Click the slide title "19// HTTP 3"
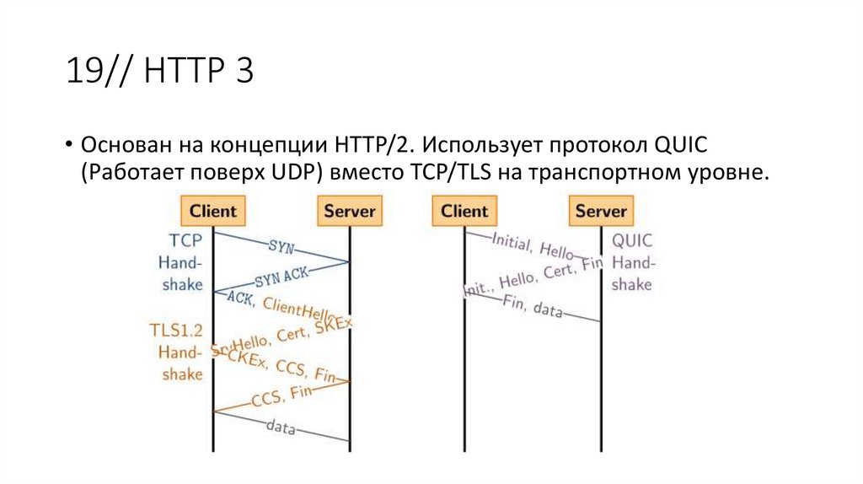click(x=160, y=73)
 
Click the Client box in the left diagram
click(x=212, y=209)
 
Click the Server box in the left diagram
click(x=349, y=209)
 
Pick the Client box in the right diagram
click(x=464, y=209)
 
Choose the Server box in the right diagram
click(x=601, y=209)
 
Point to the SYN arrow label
click(x=281, y=246)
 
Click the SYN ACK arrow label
click(x=281, y=275)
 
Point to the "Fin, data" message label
click(x=533, y=306)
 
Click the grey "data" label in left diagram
click(x=281, y=428)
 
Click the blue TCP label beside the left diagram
click(x=185, y=240)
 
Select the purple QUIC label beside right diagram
click(x=632, y=240)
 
